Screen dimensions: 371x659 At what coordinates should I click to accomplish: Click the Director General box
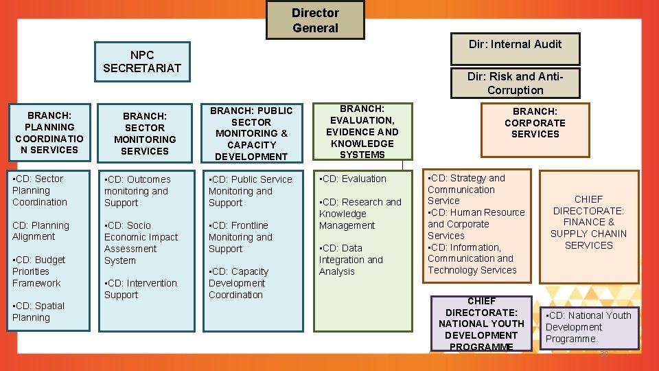315,20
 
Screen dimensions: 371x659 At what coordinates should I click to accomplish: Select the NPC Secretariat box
141,61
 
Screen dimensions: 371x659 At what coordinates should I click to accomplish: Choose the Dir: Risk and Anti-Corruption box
515,83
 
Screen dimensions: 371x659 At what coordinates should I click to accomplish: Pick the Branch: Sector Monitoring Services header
145,133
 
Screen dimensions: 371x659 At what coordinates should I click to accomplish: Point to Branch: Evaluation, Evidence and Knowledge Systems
362,131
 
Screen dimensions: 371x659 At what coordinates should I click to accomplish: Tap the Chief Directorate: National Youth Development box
481,324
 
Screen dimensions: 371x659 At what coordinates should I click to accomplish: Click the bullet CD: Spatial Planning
38,312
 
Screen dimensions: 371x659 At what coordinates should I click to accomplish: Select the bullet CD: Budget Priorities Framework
38,271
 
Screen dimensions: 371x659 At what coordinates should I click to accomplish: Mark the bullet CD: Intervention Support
140,289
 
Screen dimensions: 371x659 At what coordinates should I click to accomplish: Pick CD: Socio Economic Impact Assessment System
140,243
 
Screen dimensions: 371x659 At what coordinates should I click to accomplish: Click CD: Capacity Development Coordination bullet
239,283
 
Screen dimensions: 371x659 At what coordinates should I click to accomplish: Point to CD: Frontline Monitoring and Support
240,237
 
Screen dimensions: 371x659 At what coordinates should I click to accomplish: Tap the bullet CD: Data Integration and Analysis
350,260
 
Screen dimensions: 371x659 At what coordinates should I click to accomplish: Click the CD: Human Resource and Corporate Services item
476,224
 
